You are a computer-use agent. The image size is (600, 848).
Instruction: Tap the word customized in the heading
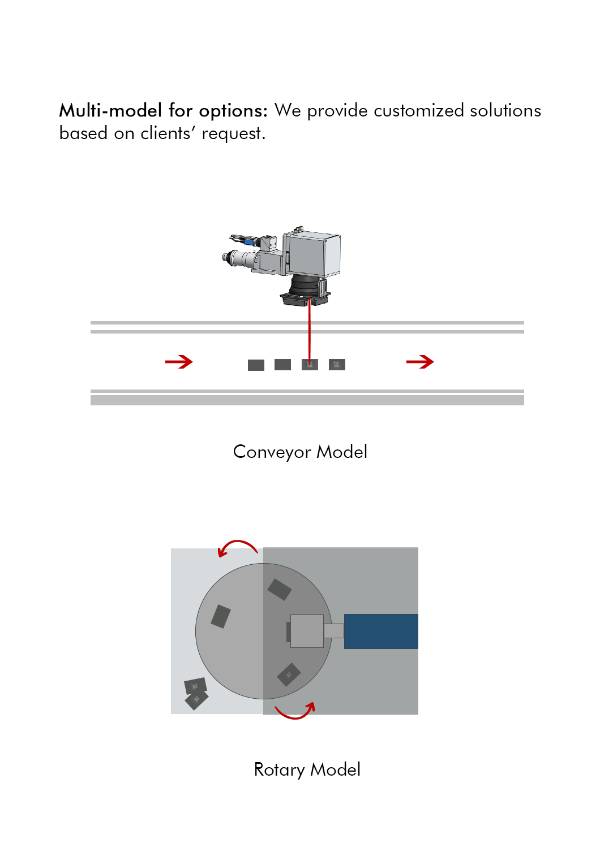419,111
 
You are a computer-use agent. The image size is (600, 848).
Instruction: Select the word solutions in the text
505,111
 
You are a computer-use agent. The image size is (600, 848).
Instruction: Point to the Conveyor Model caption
300,452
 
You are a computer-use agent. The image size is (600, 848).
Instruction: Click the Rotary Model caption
307,769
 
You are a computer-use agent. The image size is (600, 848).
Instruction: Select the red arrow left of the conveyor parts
179,362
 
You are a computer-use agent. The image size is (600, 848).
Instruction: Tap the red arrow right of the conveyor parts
420,362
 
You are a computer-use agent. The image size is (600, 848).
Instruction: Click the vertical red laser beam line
309,331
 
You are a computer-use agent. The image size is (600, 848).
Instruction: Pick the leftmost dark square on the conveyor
256,365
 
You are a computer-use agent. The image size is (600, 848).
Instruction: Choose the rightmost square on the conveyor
337,365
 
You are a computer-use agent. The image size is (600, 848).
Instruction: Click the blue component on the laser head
249,241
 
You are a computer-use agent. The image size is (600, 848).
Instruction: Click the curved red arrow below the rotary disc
295,717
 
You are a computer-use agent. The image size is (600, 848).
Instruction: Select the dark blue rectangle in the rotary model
381,631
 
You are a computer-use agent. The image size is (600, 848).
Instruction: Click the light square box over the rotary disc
307,631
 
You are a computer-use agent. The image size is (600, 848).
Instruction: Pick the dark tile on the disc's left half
221,617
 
